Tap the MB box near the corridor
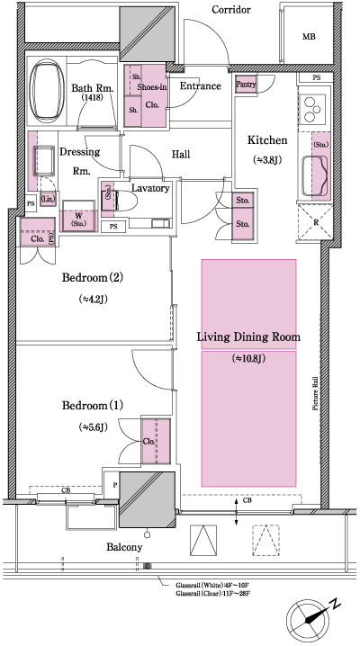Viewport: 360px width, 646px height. pyautogui.click(x=309, y=36)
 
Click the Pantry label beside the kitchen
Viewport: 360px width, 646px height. pyautogui.click(x=246, y=84)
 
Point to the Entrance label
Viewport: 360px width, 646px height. pyautogui.click(x=201, y=86)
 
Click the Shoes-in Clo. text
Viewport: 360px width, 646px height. pyautogui.click(x=151, y=95)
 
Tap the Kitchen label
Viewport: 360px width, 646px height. pyautogui.click(x=267, y=139)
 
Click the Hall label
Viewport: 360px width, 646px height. pyautogui.click(x=181, y=155)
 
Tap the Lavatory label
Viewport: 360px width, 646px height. pyautogui.click(x=150, y=188)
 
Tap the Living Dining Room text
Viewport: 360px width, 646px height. pyautogui.click(x=247, y=337)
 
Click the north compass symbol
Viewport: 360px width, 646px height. pyautogui.click(x=311, y=620)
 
